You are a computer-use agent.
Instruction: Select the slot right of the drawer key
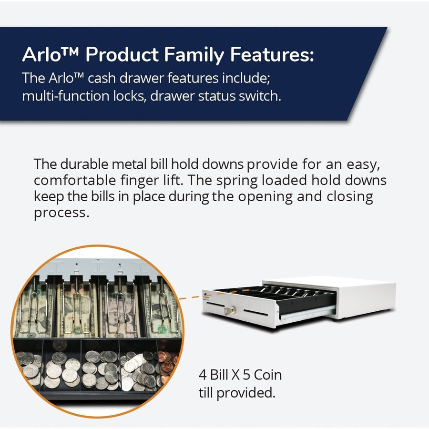tap(257, 313)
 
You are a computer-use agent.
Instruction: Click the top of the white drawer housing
tap(329, 282)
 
